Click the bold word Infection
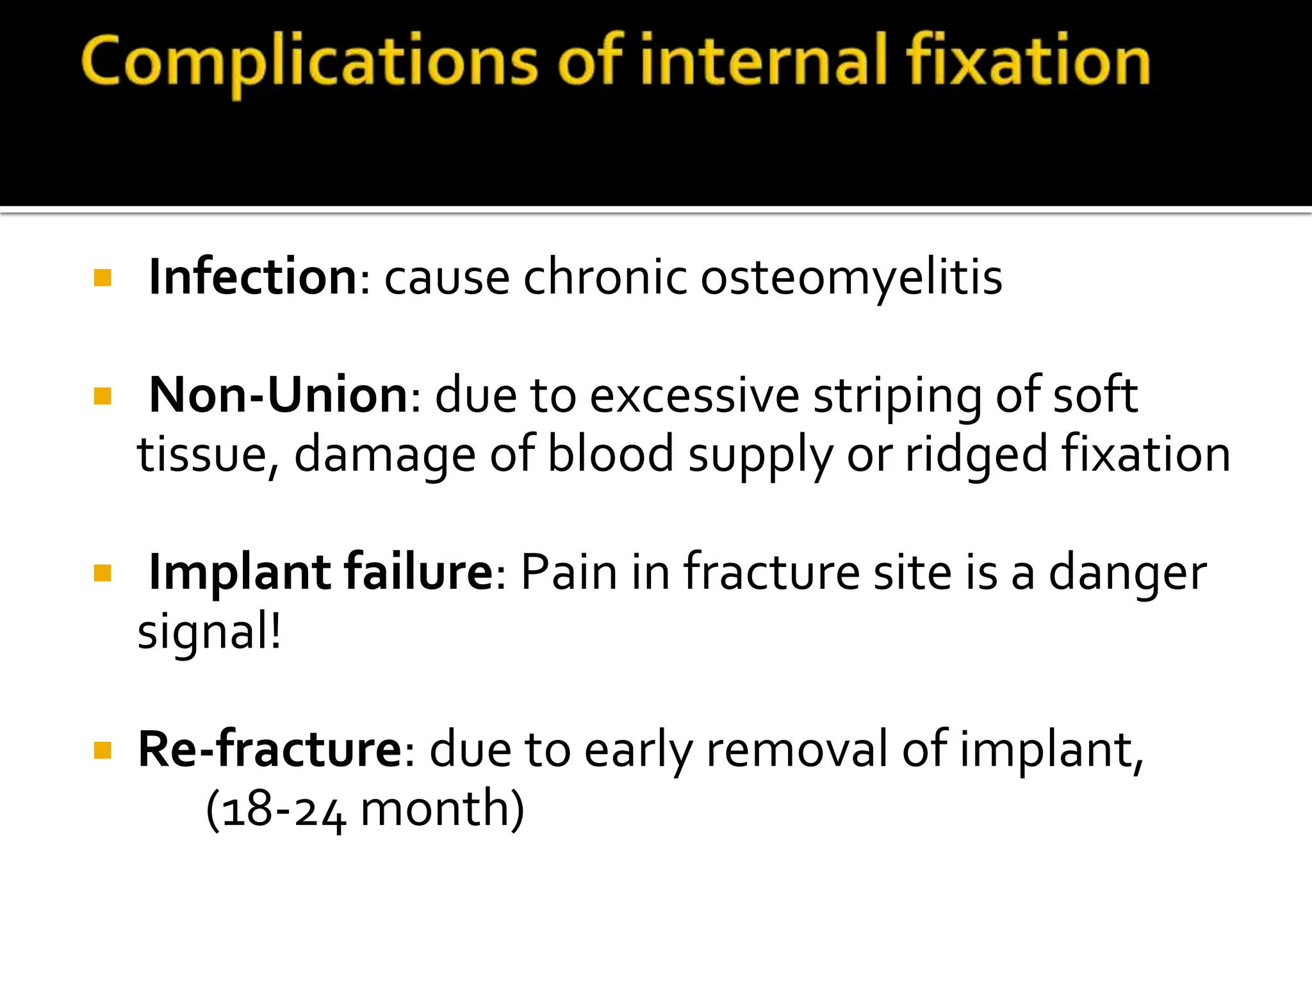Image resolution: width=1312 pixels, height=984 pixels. tap(252, 277)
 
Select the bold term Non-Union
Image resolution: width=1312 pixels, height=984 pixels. tap(278, 395)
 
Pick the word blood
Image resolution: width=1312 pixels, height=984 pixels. tap(611, 454)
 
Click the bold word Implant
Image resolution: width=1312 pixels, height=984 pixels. tap(239, 573)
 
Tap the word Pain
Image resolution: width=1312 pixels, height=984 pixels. tap(569, 571)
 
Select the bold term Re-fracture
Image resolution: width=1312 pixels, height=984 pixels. tap(270, 749)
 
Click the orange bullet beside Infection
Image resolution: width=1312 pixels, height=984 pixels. tap(102, 278)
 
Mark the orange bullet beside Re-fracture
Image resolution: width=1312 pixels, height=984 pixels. tap(102, 750)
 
